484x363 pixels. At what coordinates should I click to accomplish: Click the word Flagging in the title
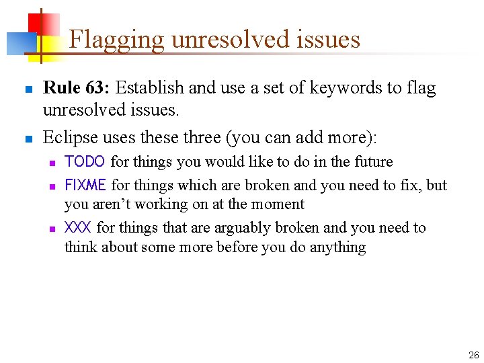[x=117, y=40]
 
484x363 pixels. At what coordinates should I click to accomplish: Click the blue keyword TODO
[x=85, y=162]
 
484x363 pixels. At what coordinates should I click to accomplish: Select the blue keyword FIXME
[x=85, y=185]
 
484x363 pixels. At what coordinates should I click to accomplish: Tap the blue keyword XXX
[x=78, y=228]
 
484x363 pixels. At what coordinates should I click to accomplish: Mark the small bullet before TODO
[x=52, y=163]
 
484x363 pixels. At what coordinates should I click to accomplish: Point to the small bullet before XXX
[x=52, y=229]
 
